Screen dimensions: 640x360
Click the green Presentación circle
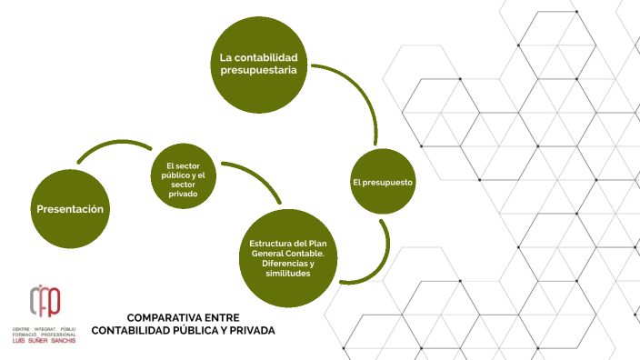coord(70,210)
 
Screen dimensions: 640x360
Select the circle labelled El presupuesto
coord(383,182)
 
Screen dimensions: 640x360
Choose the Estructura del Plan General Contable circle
coord(286,258)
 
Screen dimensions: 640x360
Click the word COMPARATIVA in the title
coord(165,317)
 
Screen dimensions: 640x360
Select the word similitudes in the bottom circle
coord(286,273)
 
